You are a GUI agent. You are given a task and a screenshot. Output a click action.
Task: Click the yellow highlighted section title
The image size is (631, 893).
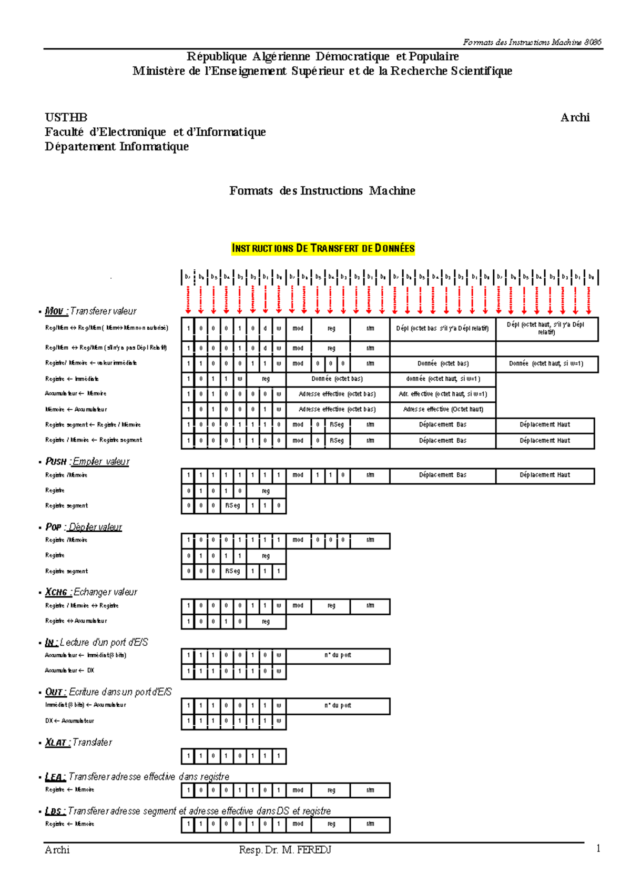(323, 248)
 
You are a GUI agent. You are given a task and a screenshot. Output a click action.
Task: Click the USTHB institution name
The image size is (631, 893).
(66, 117)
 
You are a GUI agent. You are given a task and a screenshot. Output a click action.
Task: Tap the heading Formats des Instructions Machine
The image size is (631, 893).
(322, 190)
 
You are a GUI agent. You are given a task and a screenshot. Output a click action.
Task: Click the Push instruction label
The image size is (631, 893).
(56, 461)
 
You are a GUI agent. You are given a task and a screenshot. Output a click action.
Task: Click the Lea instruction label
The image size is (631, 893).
(55, 776)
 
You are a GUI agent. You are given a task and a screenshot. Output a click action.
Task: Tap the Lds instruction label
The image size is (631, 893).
(55, 810)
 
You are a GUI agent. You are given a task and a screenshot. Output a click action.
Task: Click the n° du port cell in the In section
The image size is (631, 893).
(338, 655)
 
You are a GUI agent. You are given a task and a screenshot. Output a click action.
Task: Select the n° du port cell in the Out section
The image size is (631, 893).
(338, 705)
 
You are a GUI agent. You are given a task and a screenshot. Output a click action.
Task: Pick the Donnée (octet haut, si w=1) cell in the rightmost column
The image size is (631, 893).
(546, 363)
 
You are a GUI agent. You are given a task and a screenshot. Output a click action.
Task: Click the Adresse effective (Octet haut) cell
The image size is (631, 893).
(443, 409)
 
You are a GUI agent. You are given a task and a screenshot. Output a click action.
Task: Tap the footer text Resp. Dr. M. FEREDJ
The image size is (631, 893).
(284, 849)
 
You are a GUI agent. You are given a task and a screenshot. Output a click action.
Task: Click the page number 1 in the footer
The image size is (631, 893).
(598, 848)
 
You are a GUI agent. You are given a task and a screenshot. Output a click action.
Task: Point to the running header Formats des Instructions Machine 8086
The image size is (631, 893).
(532, 42)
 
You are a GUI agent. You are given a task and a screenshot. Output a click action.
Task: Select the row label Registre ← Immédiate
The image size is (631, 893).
(72, 379)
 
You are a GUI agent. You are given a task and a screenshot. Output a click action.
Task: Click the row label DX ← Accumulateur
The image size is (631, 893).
(69, 721)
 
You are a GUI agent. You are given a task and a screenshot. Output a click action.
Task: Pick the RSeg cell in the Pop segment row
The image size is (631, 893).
(232, 571)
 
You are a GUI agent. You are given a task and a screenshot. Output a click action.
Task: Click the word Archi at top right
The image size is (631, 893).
(575, 117)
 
